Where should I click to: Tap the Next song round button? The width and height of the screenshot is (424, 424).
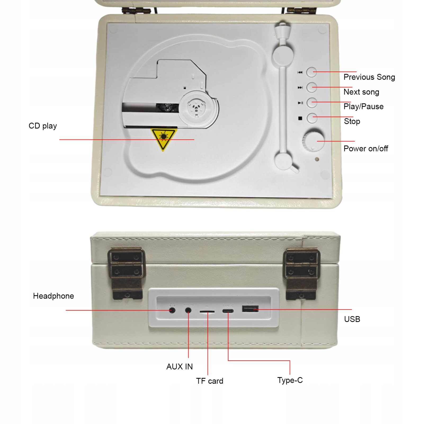(x=312, y=87)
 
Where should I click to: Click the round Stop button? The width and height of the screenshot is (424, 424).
(x=312, y=118)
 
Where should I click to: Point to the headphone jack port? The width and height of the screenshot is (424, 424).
(x=172, y=310)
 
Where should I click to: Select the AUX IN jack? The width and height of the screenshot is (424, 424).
(x=188, y=310)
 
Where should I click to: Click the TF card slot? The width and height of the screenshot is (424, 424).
(x=207, y=312)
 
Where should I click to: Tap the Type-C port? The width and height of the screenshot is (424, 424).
(x=228, y=311)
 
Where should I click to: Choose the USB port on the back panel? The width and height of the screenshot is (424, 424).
(x=250, y=309)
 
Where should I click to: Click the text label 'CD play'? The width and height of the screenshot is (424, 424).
(x=43, y=126)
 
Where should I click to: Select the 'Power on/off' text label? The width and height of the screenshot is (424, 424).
(x=365, y=149)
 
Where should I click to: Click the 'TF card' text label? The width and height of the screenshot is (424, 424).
(x=209, y=381)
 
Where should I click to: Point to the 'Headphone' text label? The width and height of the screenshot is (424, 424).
(x=53, y=296)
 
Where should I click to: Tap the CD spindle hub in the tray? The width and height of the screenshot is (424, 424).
(x=196, y=106)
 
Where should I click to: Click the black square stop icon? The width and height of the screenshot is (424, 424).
(x=300, y=118)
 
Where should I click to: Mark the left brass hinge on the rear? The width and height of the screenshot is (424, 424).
(x=127, y=273)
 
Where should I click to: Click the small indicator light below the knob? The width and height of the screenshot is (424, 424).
(x=317, y=159)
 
